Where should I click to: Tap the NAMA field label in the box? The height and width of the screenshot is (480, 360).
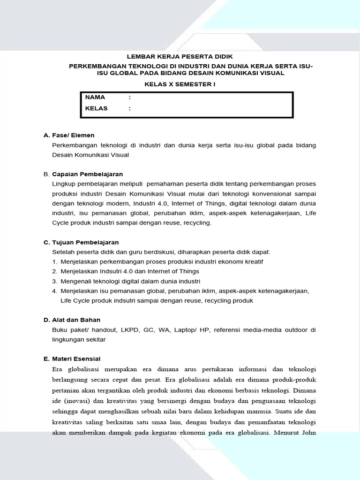95,97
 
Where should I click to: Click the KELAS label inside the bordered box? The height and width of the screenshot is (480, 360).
97,108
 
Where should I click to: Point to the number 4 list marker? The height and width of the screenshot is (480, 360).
54,291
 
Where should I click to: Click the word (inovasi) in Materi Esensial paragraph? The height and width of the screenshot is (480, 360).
77,401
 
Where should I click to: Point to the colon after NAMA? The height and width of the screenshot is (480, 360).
129,97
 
